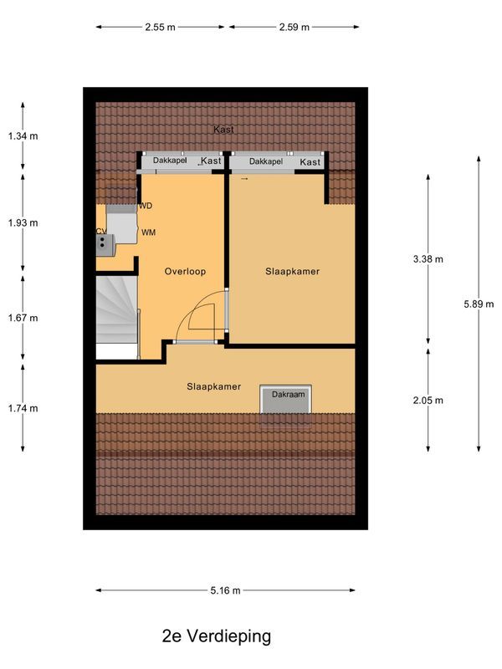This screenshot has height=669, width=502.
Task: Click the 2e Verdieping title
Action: click(x=217, y=636)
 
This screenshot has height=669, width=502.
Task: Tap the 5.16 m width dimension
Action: click(x=225, y=590)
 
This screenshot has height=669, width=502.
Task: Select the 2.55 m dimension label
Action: click(x=160, y=27)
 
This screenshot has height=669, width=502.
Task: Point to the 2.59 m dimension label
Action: click(x=294, y=27)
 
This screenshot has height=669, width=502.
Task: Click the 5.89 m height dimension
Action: click(x=478, y=304)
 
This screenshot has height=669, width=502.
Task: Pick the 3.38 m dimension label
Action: click(x=428, y=259)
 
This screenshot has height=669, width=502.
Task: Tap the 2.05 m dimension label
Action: click(x=428, y=401)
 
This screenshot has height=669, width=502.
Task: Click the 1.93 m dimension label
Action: click(x=23, y=223)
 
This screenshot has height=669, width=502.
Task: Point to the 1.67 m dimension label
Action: click(x=23, y=318)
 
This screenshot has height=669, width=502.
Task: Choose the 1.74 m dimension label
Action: click(x=23, y=408)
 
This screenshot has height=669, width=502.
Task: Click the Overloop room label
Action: click(x=185, y=272)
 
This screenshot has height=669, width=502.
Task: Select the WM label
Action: click(x=149, y=232)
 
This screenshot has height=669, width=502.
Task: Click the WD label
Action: click(x=146, y=205)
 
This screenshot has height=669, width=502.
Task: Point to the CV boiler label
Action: click(x=100, y=231)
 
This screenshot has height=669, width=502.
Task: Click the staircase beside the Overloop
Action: click(x=115, y=310)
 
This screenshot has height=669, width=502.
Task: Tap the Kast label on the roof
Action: click(x=223, y=130)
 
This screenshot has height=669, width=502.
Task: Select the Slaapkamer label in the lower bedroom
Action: click(x=214, y=386)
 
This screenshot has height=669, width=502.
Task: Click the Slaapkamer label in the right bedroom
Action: click(x=293, y=272)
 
